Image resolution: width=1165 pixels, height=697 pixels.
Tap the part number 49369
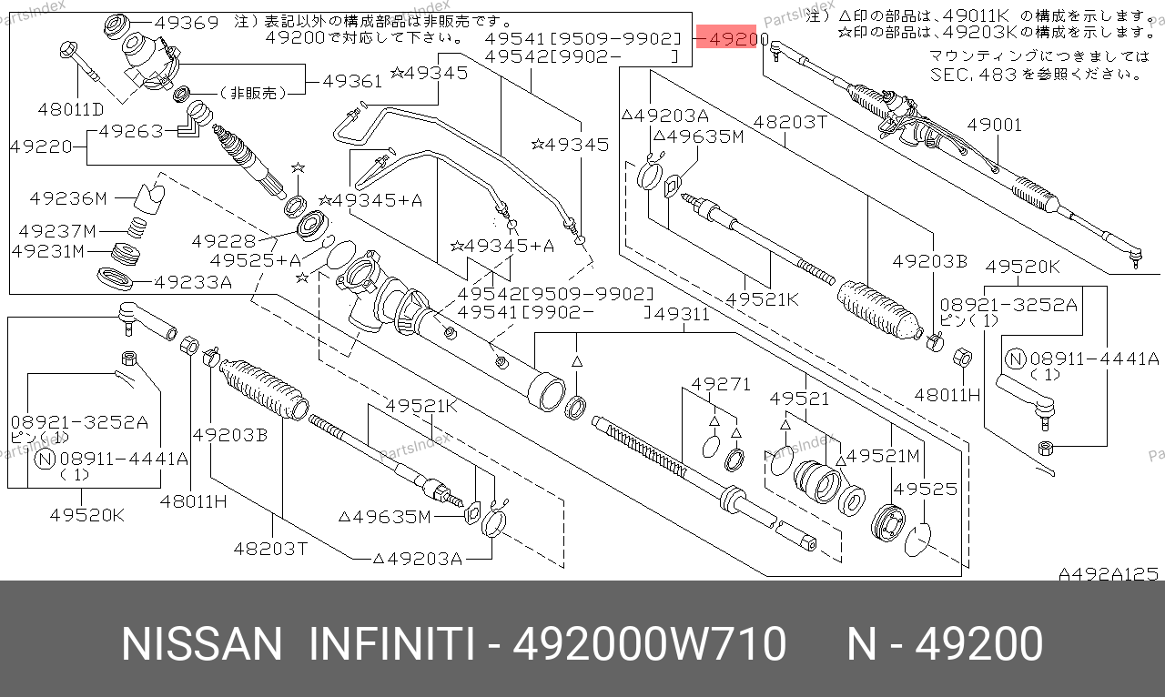187,23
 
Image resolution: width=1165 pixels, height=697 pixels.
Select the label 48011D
71,109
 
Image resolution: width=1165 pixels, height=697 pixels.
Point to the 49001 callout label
995,125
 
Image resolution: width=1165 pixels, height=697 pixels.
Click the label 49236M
68,198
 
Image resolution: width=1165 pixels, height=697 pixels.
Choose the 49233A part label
194,282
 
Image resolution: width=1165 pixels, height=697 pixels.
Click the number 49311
682,314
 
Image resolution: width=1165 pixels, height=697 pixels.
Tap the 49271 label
721,384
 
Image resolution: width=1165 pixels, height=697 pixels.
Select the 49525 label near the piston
926,489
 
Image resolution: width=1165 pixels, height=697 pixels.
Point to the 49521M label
883,456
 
